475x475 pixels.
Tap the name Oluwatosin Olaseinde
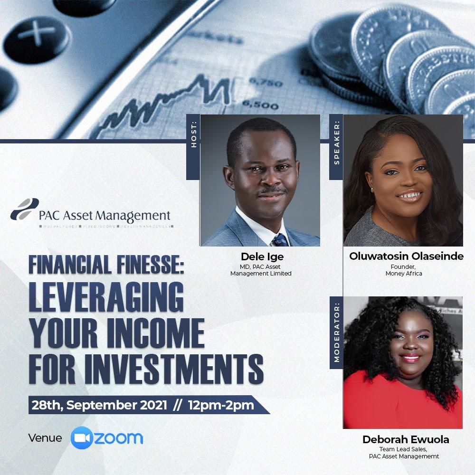(x=406, y=256)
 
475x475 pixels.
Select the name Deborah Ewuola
(x=406, y=439)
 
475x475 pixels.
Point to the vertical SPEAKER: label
(x=337, y=142)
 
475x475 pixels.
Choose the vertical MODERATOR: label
(x=337, y=332)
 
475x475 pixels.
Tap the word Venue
(x=45, y=437)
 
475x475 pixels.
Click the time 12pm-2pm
(x=221, y=406)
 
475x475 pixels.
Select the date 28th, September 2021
(x=99, y=406)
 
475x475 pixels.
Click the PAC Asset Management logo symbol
(x=24, y=209)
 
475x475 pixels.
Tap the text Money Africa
(x=404, y=274)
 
